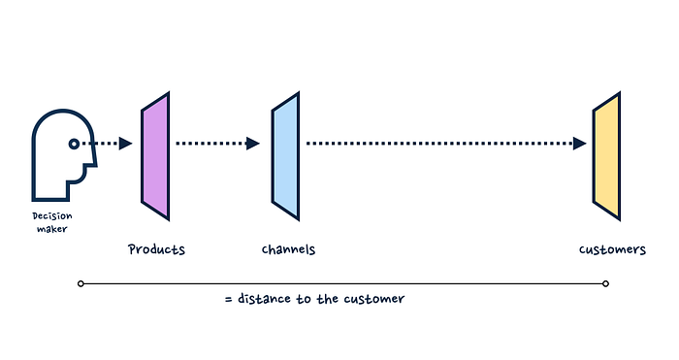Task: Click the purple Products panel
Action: pyautogui.click(x=155, y=156)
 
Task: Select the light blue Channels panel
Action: pyautogui.click(x=285, y=156)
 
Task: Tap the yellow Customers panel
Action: pyautogui.click(x=606, y=156)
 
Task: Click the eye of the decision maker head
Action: pyautogui.click(x=74, y=144)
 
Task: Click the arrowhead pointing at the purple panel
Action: pyautogui.click(x=125, y=144)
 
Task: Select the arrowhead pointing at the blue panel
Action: pyautogui.click(x=253, y=144)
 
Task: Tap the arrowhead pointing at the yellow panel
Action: pyautogui.click(x=579, y=144)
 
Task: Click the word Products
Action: pyautogui.click(x=156, y=249)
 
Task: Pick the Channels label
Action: pyautogui.click(x=288, y=249)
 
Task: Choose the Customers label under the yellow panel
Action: pyautogui.click(x=612, y=249)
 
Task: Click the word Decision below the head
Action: pyautogui.click(x=52, y=215)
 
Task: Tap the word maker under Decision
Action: pyautogui.click(x=52, y=229)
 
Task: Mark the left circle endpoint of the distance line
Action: pyautogui.click(x=81, y=283)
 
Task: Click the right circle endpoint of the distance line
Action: pyautogui.click(x=606, y=283)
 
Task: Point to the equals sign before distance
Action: pyautogui.click(x=229, y=299)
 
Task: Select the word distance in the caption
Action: pyautogui.click(x=264, y=299)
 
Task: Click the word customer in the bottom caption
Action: pyautogui.click(x=374, y=299)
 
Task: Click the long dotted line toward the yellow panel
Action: pyautogui.click(x=439, y=144)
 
